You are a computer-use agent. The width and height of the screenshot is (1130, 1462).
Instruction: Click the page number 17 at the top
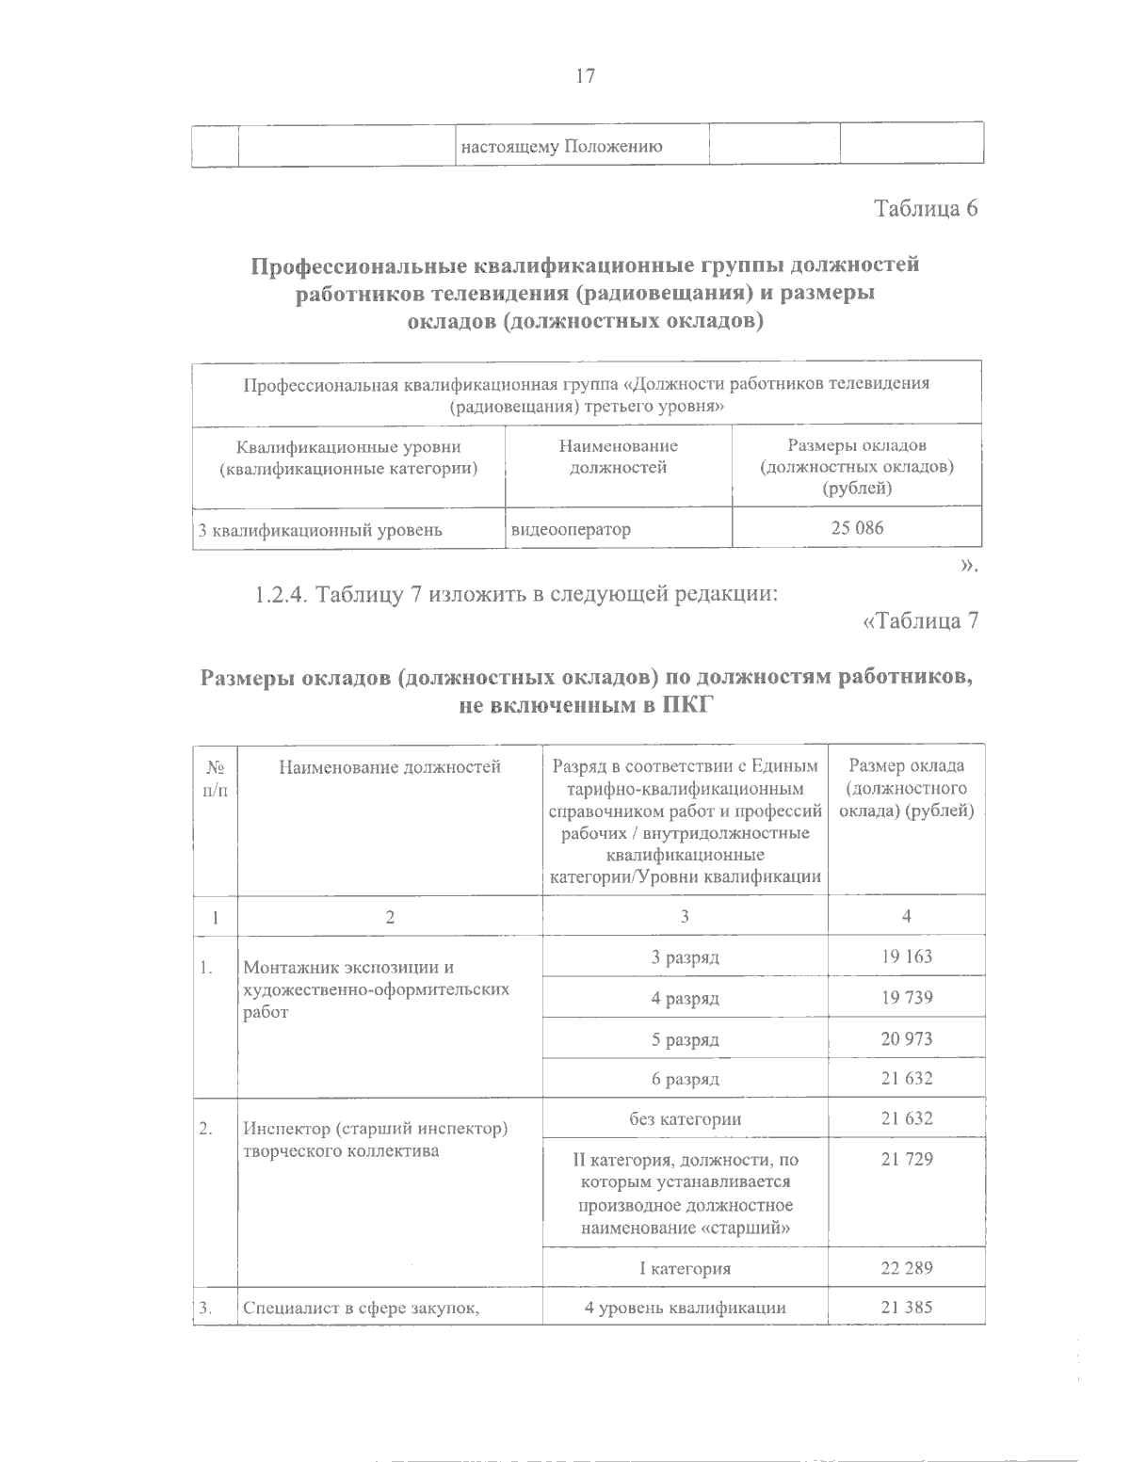[x=585, y=76]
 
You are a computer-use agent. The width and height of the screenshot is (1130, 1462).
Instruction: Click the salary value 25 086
[x=857, y=528]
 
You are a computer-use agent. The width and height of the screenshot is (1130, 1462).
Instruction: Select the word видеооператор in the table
[x=571, y=529]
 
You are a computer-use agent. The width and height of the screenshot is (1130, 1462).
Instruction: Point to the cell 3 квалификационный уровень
[x=320, y=529]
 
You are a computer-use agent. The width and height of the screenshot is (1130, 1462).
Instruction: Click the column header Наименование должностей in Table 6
[x=618, y=456]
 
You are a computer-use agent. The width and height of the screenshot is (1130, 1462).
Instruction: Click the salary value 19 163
[x=906, y=956]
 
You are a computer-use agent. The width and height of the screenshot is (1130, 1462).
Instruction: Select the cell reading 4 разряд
[x=685, y=998]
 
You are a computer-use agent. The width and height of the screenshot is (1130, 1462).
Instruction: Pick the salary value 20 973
[x=906, y=1039]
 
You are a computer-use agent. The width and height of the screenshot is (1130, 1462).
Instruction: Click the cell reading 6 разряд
[x=685, y=1079]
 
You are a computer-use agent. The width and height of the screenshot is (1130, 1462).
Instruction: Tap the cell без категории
[x=685, y=1119]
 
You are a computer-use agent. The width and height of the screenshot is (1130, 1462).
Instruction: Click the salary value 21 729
[x=906, y=1160]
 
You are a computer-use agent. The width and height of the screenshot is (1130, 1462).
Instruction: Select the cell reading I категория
[x=685, y=1268]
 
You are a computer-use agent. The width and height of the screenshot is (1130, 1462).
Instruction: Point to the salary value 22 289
[x=906, y=1268]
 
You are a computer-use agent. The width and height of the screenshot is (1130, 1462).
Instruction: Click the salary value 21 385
[x=906, y=1307]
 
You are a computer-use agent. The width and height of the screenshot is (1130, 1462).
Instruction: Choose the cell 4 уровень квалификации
[x=685, y=1307]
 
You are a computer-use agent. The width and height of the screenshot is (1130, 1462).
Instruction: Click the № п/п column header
[x=216, y=778]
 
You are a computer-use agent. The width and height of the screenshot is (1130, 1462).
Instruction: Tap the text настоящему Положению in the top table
[x=560, y=147]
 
